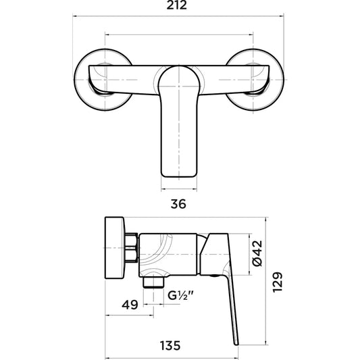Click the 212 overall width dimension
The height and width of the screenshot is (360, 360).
click(176, 5)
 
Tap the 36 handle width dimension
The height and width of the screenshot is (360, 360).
click(178, 204)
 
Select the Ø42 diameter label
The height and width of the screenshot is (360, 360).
click(257, 253)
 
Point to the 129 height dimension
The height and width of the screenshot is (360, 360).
click(277, 282)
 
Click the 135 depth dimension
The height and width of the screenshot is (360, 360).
click(170, 346)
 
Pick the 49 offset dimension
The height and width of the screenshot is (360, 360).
click(130, 305)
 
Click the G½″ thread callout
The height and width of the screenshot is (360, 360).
click(181, 295)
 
